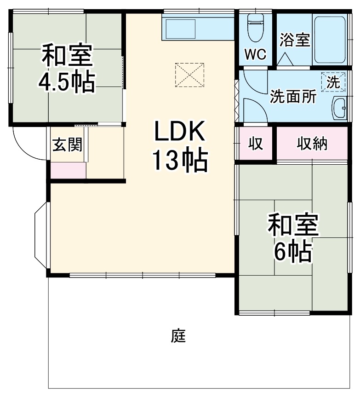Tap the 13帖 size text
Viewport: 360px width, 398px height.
[180, 161]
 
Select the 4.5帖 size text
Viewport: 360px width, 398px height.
[67, 82]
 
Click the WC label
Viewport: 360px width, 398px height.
[255, 54]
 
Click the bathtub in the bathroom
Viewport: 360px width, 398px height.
[330, 40]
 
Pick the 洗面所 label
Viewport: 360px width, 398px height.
[293, 97]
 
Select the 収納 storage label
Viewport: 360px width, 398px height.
[311, 144]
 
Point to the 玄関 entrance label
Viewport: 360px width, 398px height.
[67, 145]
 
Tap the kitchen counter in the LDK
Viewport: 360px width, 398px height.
[198, 29]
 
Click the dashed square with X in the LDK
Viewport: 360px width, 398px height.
[189, 75]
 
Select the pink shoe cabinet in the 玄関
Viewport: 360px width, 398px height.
[68, 170]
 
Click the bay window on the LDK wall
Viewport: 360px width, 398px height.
[41, 235]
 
